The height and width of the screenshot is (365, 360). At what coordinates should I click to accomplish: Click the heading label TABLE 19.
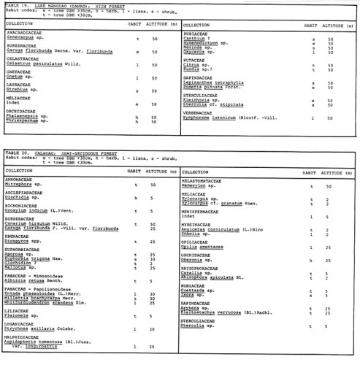point(16,7)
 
